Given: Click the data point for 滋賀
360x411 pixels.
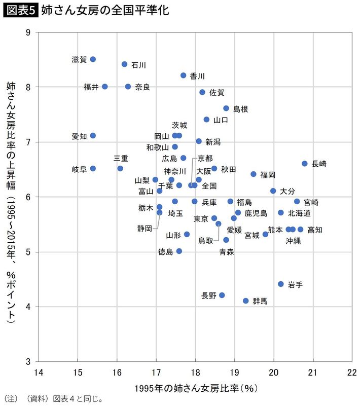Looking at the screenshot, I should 93,59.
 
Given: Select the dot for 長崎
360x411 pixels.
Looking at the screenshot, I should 305,164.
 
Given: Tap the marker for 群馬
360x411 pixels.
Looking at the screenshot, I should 246,301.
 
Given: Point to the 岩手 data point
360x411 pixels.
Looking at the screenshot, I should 281,284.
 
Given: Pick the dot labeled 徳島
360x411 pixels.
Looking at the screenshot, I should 179,251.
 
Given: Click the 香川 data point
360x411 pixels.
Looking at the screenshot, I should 184,76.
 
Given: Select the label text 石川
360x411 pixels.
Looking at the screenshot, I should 138,65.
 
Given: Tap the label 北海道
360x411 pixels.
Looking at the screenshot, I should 300,213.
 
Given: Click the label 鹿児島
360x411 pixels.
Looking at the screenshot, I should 256,213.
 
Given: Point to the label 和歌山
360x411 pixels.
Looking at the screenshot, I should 157,147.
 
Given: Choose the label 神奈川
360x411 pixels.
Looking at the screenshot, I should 174,171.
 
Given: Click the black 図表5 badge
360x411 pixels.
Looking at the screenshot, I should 20,10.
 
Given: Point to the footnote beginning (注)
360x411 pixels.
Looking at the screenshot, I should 53,399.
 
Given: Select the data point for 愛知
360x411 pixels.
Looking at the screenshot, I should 93,136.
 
